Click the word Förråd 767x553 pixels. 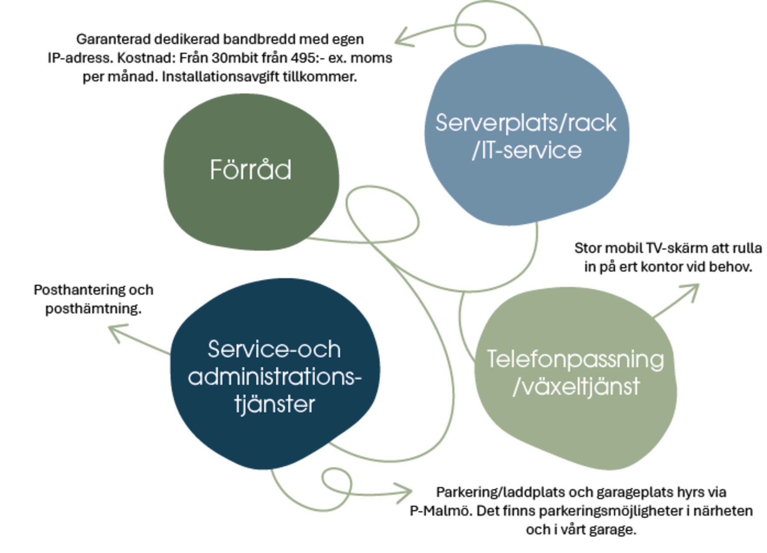point(250,170)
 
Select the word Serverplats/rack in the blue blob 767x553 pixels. point(526,123)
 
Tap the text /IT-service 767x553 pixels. point(527,151)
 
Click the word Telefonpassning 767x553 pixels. point(576,360)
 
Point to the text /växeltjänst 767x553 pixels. point(576,387)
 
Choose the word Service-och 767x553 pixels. point(274,349)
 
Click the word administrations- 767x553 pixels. point(274,376)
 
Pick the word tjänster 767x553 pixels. point(274,405)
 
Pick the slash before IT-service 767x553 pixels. point(476,151)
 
